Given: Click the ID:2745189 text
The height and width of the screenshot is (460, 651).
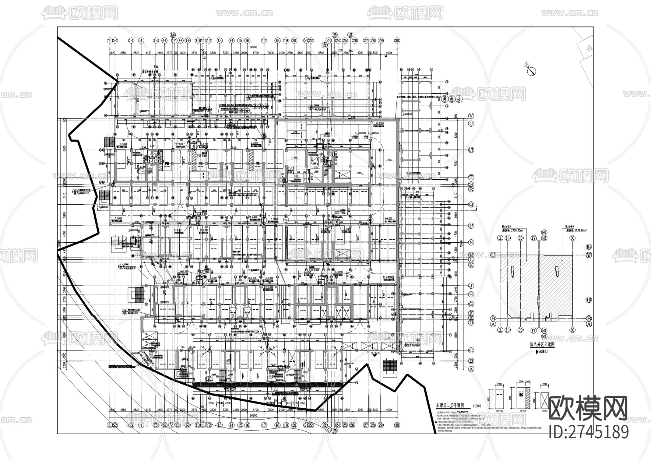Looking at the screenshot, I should tap(588, 432).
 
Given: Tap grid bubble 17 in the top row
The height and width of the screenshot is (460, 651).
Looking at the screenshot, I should tap(264, 41).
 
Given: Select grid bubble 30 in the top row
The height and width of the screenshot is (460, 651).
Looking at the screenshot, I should tap(397, 41).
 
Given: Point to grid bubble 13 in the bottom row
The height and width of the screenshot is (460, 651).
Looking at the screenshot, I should tap(219, 426).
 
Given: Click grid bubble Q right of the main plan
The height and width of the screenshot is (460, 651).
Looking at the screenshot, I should tap(471, 204).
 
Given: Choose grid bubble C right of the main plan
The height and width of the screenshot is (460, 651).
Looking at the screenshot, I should tap(471, 350).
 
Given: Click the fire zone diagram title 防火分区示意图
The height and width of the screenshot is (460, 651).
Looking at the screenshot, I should tap(540, 345).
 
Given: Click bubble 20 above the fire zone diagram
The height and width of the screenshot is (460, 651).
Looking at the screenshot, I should tap(520, 238).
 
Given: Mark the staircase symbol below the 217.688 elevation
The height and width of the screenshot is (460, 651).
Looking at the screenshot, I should tap(390, 369).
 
